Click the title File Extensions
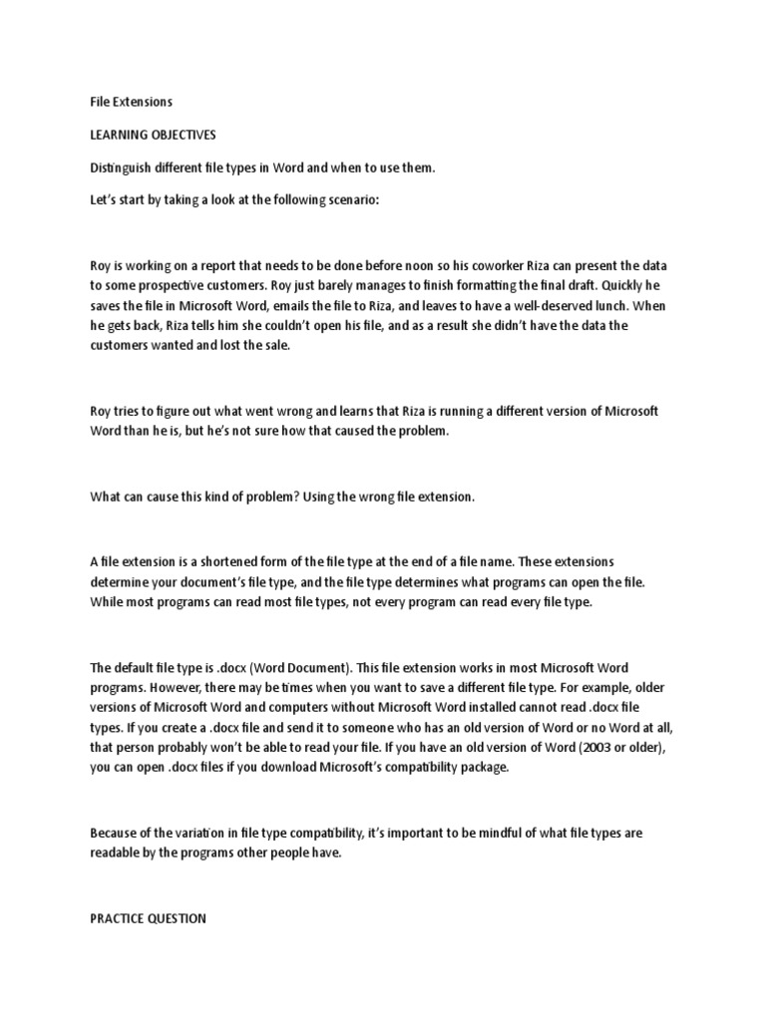[x=131, y=102]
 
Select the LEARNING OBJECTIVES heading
[x=153, y=135]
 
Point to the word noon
[x=443, y=266]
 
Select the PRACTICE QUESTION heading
[x=148, y=919]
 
